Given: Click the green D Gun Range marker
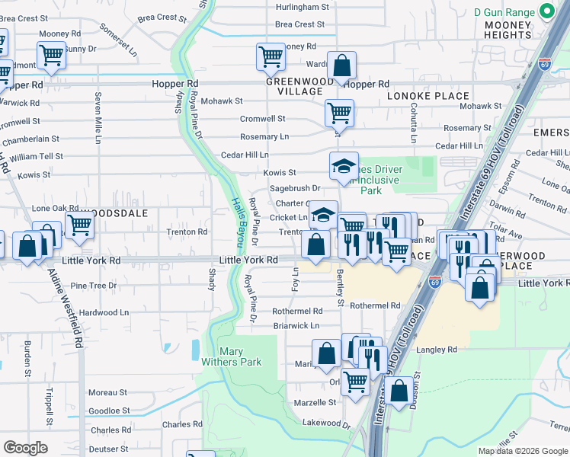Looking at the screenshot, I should pos(546,12).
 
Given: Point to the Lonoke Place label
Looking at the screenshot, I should pos(427,96).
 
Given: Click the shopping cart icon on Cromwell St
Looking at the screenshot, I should pos(339,113).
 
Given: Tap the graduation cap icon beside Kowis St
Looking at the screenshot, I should pos(344,165).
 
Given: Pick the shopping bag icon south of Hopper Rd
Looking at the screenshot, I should pos(342,66).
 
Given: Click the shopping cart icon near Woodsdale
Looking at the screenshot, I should pos(79,225).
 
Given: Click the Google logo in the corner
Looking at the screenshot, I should pos(25,448).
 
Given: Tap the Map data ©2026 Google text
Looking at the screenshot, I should pos(522,451).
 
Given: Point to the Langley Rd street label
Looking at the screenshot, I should pos(437,350).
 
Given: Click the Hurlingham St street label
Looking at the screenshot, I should pos(302,7).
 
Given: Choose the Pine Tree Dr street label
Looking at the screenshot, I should pos(93,286).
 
